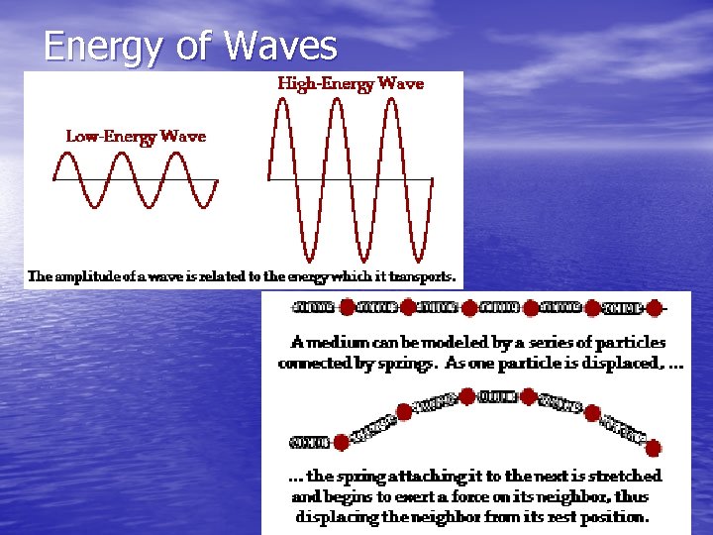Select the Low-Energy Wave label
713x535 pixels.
coord(136,136)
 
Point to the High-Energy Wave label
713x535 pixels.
coord(351,84)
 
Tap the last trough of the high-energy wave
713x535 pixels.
coord(414,260)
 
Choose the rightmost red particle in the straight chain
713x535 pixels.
coord(654,308)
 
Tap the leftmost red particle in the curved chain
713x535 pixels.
coord(342,442)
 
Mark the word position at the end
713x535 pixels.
coord(612,516)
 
